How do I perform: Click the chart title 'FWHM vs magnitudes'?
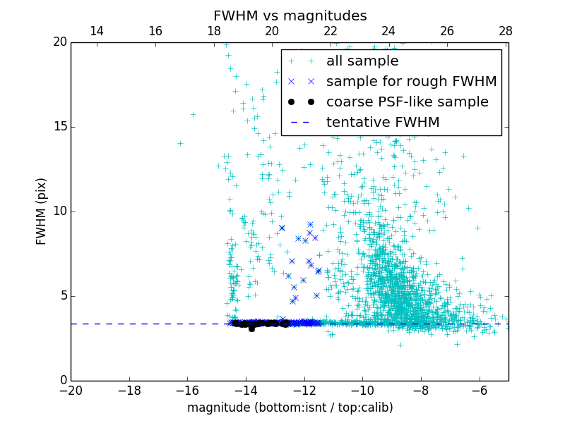[x=290, y=16]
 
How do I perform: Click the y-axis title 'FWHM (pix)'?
[x=42, y=211]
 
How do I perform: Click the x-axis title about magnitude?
[x=290, y=408]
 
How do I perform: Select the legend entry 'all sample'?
[x=362, y=61]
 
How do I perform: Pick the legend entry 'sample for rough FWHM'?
[x=411, y=82]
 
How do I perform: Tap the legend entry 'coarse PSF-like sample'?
[x=407, y=102]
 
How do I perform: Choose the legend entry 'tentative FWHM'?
[x=382, y=123]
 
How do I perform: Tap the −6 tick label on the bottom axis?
[x=480, y=390]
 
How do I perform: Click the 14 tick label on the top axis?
[x=97, y=32]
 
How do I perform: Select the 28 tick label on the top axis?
[x=505, y=32]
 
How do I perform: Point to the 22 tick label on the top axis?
[x=331, y=32]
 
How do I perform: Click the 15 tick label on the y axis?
[x=59, y=127]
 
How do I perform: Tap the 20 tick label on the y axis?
[x=59, y=42]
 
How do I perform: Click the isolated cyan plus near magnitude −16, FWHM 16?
[x=193, y=114]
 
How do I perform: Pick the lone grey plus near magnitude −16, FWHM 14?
[x=180, y=143]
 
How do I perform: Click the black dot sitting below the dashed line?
[x=251, y=329]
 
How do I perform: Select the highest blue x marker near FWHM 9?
[x=310, y=224]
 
